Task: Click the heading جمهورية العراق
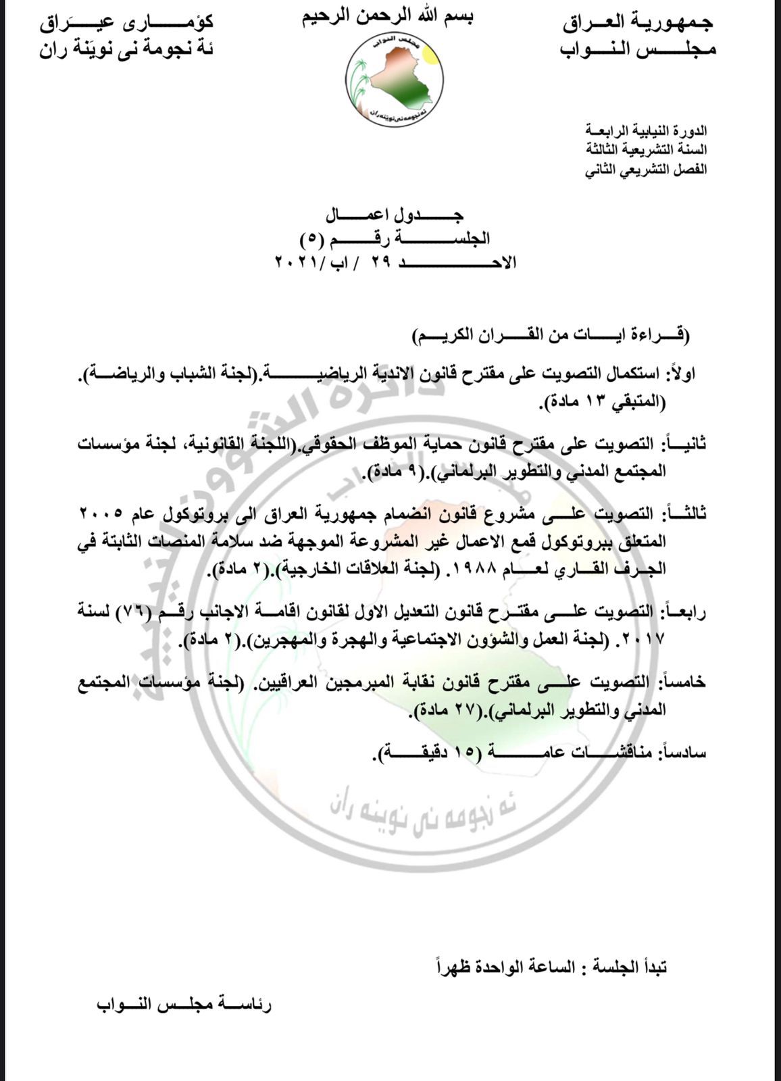point(637,22)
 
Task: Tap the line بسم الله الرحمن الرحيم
point(388,16)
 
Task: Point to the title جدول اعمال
point(395,216)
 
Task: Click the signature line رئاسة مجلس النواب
point(184,1005)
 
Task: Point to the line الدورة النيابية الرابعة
point(647,130)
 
